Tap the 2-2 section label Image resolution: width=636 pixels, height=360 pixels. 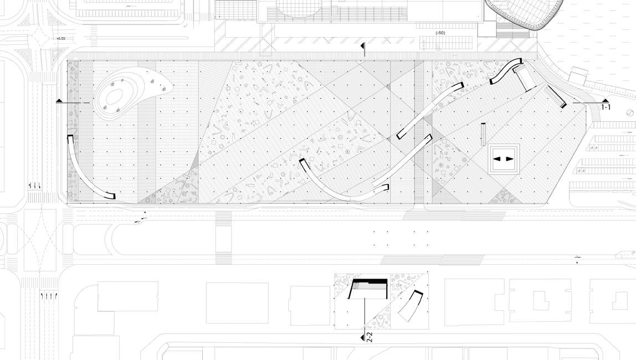(x=370, y=337)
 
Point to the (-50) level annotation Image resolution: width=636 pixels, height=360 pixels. (x=440, y=33)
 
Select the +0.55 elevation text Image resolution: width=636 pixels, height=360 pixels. (x=60, y=38)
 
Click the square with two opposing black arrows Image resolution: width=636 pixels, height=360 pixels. (x=503, y=159)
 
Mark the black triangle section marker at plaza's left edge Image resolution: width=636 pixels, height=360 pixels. (x=59, y=100)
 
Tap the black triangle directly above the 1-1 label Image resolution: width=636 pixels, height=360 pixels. (x=606, y=100)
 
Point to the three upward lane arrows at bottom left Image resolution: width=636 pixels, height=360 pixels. (x=49, y=295)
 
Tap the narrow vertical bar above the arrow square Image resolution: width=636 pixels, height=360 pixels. (x=484, y=132)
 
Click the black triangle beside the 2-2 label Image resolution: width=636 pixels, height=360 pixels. (x=363, y=337)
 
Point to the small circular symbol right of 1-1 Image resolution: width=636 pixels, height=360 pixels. (x=630, y=113)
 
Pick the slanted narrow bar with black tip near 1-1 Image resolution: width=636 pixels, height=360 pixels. (x=556, y=96)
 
